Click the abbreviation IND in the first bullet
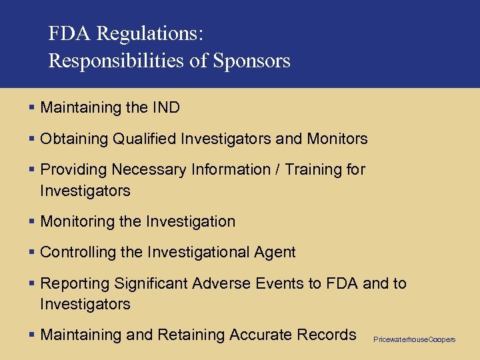166,107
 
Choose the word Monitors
337,139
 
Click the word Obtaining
74,139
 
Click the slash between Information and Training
277,169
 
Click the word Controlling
78,252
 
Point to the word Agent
275,252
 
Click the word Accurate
259,335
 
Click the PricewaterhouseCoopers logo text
414,340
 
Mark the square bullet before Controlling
32,252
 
